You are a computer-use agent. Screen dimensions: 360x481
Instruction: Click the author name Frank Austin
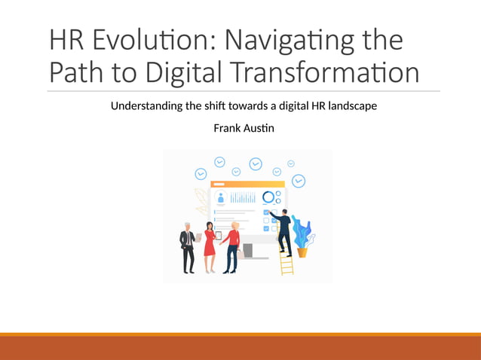pos(244,128)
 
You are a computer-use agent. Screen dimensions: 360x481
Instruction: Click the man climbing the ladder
pos(283,229)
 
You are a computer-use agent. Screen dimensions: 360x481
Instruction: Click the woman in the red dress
pos(210,247)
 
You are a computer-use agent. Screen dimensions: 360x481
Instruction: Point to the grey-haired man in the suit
pos(188,247)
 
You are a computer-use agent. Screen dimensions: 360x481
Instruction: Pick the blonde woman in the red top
pos(233,247)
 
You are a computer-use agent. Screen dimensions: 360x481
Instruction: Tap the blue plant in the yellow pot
pos(302,233)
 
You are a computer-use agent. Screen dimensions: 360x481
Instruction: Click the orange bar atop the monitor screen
pos(247,184)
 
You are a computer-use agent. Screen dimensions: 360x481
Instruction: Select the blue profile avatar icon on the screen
pos(221,197)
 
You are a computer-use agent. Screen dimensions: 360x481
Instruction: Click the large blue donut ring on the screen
pos(268,197)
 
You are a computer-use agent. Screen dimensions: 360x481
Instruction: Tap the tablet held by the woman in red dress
pos(219,235)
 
